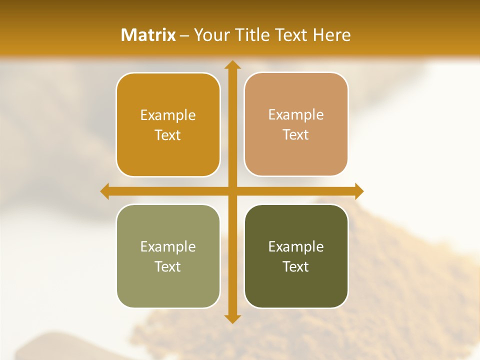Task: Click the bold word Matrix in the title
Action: [x=148, y=35]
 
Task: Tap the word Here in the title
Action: [x=332, y=35]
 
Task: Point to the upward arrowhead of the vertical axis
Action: [x=232, y=65]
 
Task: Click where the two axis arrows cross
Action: [x=232, y=191]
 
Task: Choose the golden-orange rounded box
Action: [x=168, y=150]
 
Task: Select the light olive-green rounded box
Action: [x=168, y=285]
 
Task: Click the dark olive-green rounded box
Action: [x=296, y=285]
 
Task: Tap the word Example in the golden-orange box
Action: [x=168, y=115]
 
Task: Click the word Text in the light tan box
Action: [x=296, y=135]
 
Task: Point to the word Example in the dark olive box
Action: [x=296, y=246]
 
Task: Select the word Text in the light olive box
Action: [x=168, y=266]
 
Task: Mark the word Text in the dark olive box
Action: [x=296, y=266]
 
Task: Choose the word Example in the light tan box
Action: [x=296, y=115]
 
